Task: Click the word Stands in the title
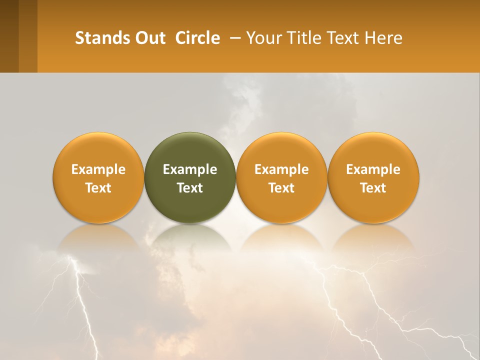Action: pos(100,38)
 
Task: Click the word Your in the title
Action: pos(263,38)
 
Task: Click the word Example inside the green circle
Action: pos(190,169)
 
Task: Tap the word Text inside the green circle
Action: pos(190,188)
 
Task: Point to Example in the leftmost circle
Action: pos(98,169)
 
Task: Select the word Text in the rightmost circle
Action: pos(373,188)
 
